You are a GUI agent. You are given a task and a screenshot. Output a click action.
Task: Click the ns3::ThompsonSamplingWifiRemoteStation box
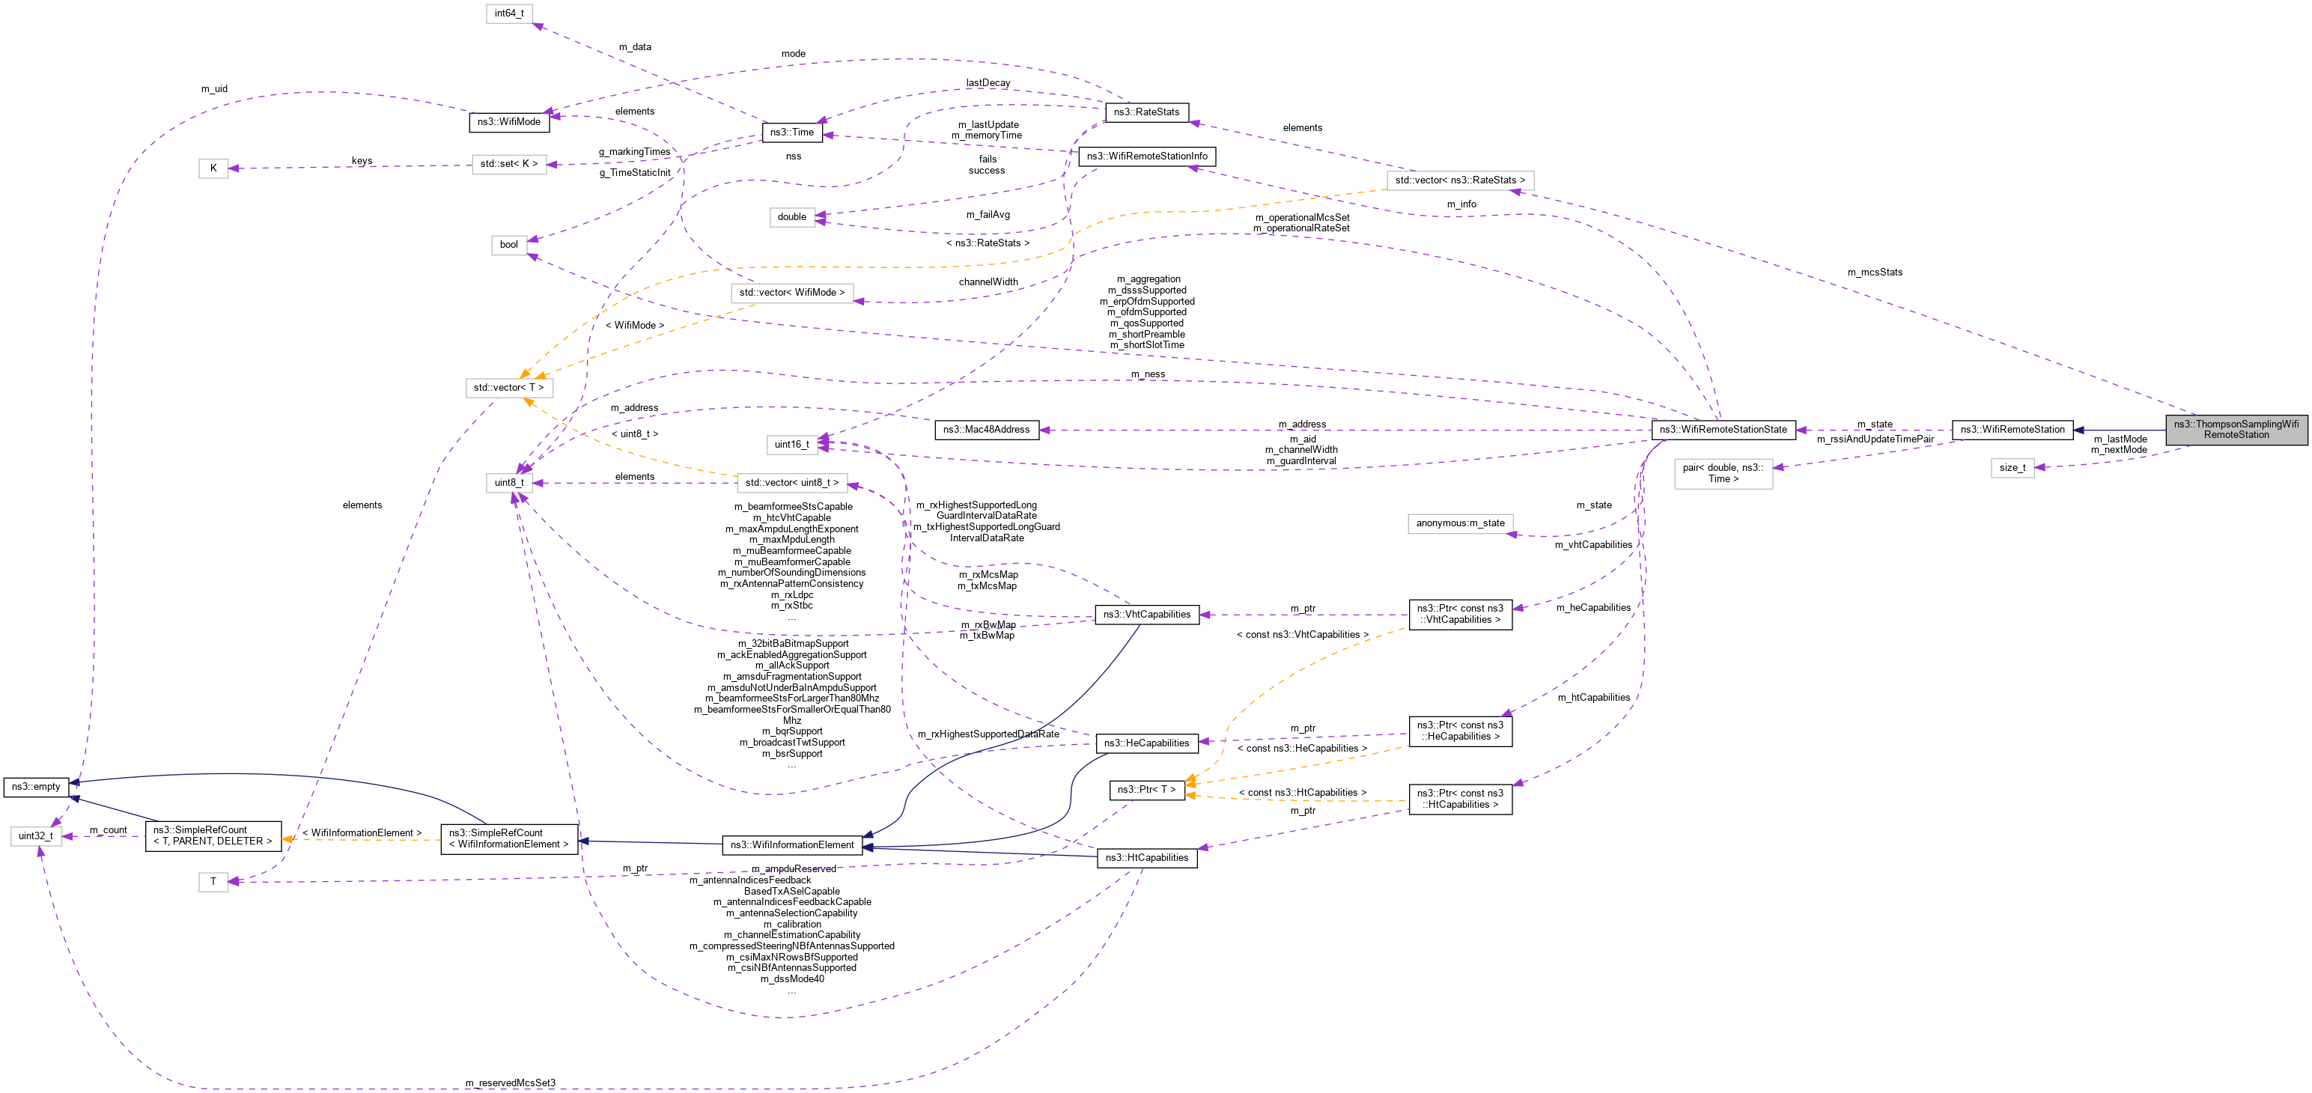click(x=2236, y=430)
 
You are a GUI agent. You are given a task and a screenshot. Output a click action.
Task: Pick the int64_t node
click(x=509, y=13)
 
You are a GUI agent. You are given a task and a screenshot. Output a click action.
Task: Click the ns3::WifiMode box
click(x=509, y=122)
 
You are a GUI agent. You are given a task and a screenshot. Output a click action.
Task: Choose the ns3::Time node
click(x=791, y=133)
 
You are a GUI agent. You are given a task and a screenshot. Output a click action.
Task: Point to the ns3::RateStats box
click(x=1146, y=112)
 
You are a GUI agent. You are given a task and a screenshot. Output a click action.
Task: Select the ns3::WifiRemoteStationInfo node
click(x=1146, y=157)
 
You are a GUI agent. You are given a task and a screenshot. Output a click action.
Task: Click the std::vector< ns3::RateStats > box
click(x=1459, y=180)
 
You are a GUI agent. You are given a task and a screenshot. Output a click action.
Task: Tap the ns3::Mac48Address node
click(x=985, y=430)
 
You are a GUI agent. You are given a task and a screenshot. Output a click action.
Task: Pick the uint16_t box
click(x=791, y=444)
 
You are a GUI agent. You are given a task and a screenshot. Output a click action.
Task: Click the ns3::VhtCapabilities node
click(x=1146, y=615)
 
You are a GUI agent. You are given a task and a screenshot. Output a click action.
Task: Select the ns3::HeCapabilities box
click(x=1146, y=743)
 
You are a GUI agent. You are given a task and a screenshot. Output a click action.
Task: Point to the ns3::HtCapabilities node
click(x=1146, y=858)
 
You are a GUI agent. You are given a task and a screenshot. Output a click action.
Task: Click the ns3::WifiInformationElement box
click(x=791, y=845)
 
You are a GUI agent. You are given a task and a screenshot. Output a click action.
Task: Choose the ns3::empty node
click(x=36, y=787)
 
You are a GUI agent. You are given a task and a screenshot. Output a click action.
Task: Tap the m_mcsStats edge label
click(x=1874, y=273)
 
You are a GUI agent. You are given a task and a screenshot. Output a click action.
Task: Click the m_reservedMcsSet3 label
click(x=510, y=1083)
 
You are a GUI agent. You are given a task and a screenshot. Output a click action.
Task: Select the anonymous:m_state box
click(x=1459, y=523)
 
